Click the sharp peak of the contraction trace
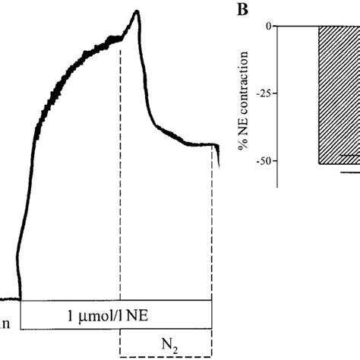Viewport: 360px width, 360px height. tap(137, 11)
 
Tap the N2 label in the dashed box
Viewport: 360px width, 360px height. tap(164, 342)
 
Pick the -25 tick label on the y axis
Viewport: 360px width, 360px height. tap(263, 93)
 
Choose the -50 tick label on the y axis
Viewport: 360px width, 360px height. tap(263, 161)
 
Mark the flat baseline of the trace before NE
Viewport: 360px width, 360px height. tap(9, 300)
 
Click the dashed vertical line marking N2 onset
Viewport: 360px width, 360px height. tap(121, 190)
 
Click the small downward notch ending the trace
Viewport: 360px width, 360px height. tap(218, 156)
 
